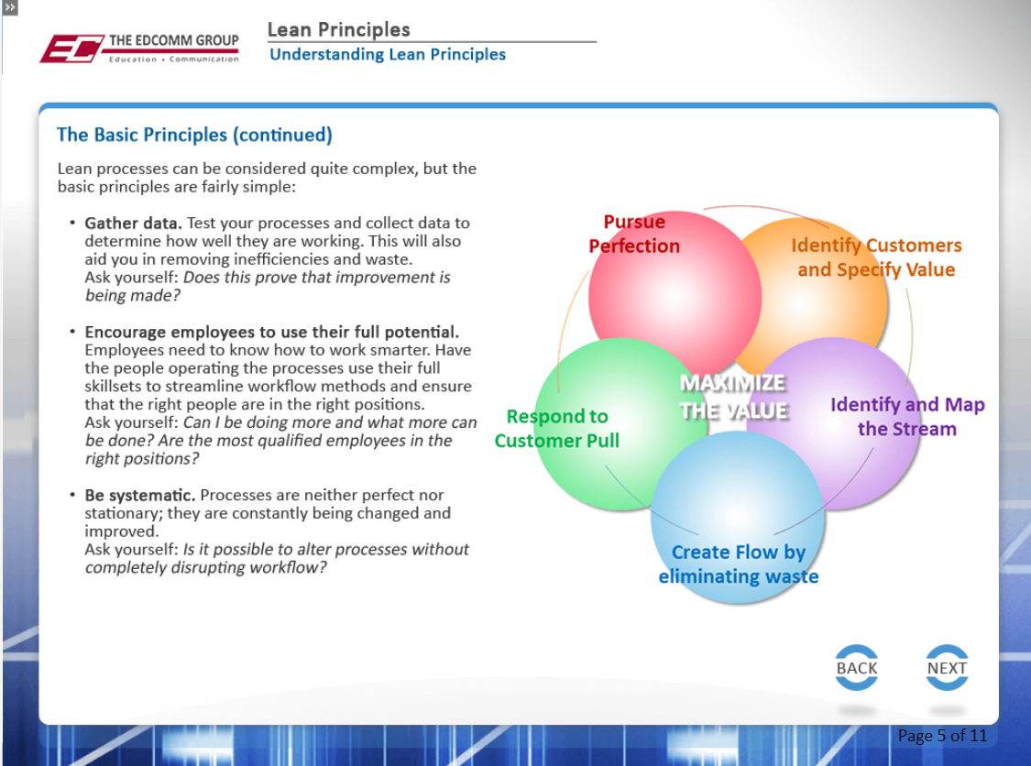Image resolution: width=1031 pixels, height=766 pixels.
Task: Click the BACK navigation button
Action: [x=856, y=669]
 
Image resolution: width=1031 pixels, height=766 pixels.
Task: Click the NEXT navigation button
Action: [x=947, y=669]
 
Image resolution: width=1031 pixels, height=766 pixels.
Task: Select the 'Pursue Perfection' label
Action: [x=634, y=235]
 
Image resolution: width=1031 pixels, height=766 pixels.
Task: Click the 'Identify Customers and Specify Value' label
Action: [x=876, y=257]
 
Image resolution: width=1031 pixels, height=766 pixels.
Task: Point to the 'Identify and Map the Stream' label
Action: [x=907, y=417]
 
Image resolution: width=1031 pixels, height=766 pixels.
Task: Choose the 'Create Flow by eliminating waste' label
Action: [x=739, y=564]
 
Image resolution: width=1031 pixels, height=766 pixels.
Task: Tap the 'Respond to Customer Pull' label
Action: [x=557, y=429]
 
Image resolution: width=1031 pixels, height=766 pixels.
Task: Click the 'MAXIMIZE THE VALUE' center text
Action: [x=733, y=397]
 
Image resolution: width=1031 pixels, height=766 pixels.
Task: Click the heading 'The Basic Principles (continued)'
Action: [x=194, y=135]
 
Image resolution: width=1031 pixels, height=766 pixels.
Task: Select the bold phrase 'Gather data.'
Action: [x=134, y=224]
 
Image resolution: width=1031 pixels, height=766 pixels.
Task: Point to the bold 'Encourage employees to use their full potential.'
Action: [x=272, y=332]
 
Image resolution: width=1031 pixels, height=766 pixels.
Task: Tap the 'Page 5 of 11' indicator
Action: [x=942, y=736]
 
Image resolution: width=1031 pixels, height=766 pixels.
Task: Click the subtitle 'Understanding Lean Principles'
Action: [x=388, y=55]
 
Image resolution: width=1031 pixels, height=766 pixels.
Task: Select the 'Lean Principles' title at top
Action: [x=338, y=29]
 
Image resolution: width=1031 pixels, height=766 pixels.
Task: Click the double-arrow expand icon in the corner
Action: [x=10, y=7]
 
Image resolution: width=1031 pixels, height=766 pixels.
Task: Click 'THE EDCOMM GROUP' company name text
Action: [x=174, y=41]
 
